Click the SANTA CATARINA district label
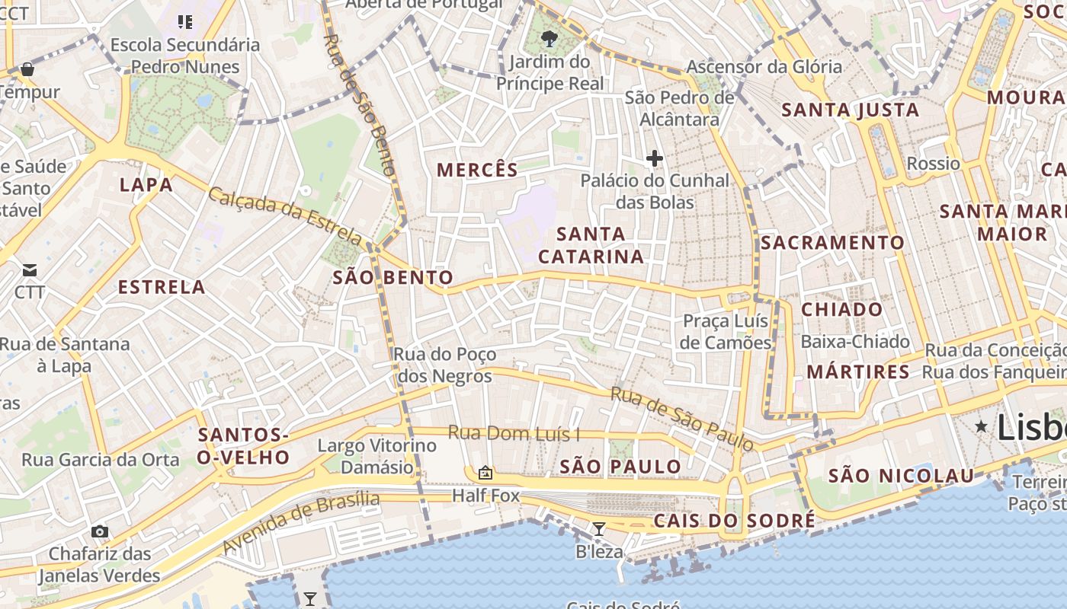click(591, 245)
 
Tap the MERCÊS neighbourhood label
click(477, 170)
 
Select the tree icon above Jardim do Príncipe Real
click(548, 38)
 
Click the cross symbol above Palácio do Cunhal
click(654, 158)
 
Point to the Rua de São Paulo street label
click(681, 418)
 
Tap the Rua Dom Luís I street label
click(514, 433)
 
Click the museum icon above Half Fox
click(485, 473)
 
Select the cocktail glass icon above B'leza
click(599, 528)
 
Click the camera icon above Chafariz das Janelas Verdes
click(100, 531)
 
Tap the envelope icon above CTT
click(30, 270)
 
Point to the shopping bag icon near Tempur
click(27, 69)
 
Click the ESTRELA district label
click(162, 287)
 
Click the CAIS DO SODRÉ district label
click(734, 521)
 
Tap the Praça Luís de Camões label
click(726, 332)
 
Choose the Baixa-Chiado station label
click(855, 342)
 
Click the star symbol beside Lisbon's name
click(982, 426)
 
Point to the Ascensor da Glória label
click(764, 67)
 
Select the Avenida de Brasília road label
click(300, 522)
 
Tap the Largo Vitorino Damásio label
click(376, 456)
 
